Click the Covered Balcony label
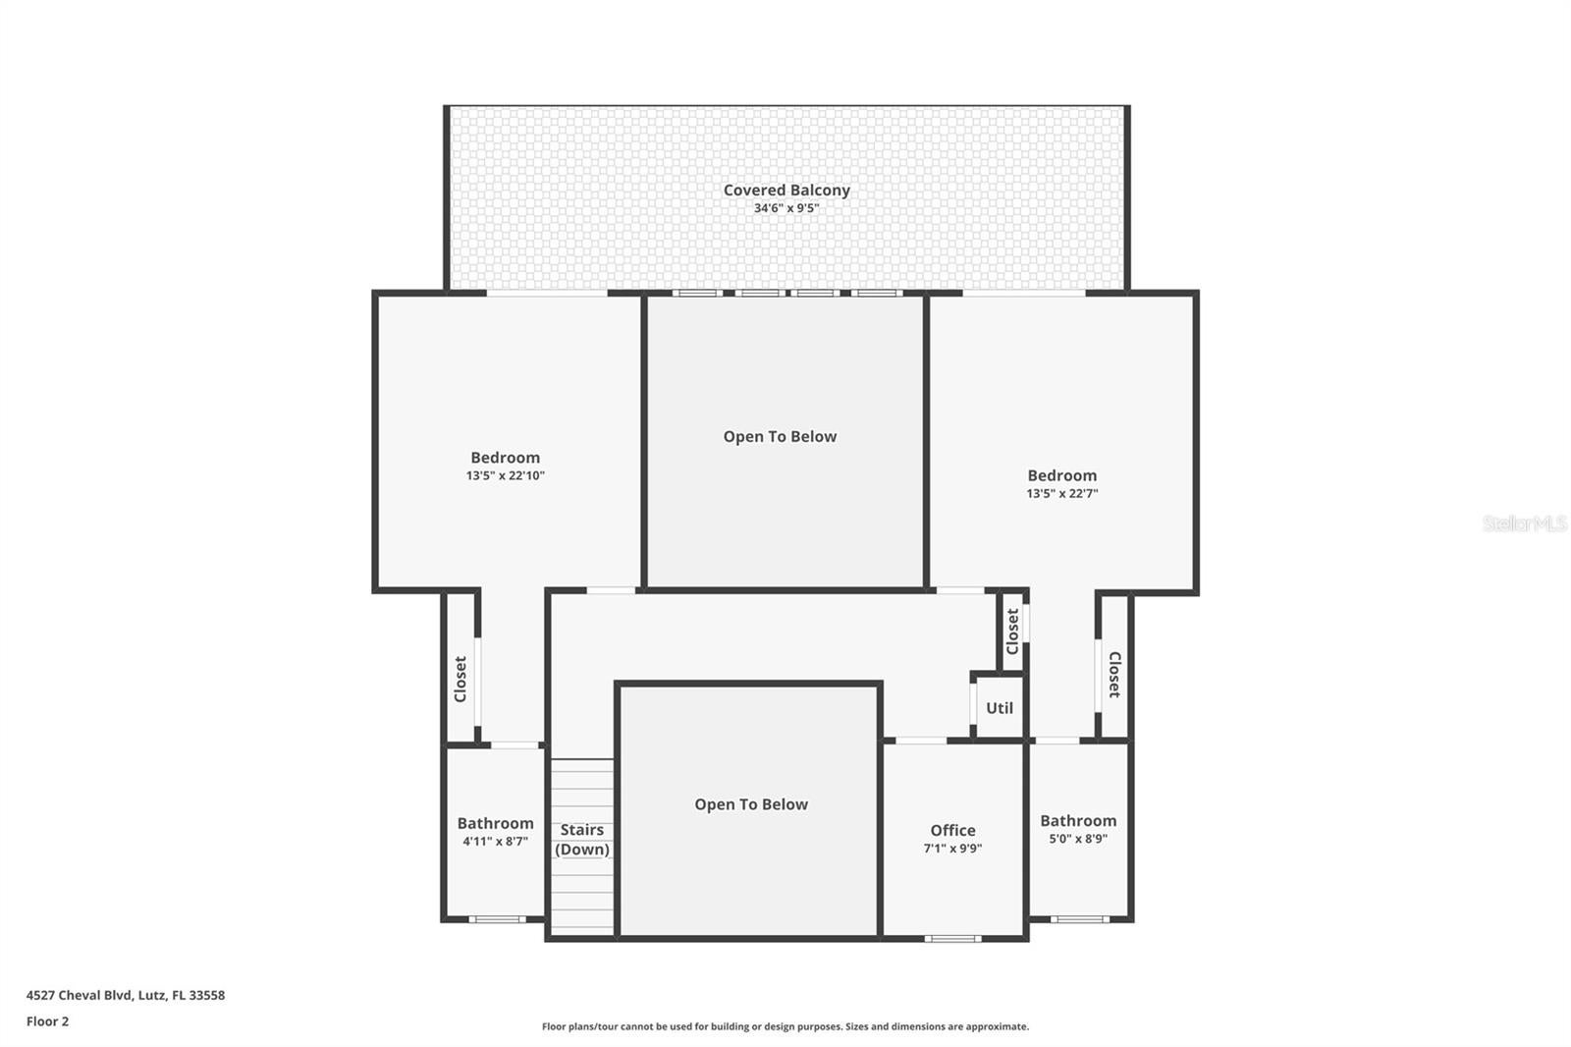pos(786,191)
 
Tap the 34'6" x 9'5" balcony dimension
pos(786,208)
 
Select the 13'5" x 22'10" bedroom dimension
pos(505,475)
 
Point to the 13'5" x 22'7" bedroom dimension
pos(1061,494)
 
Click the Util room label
pos(1000,708)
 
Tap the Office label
pos(952,830)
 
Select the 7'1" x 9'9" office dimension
pos(952,849)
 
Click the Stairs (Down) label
pos(582,840)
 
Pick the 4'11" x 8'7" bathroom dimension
pos(495,842)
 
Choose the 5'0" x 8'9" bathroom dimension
pos(1078,839)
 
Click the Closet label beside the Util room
pos(1012,632)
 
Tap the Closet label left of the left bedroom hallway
pos(460,679)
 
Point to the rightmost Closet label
pos(1114,675)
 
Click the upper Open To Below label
pos(780,437)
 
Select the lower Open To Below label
pos(751,804)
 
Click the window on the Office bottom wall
pos(952,939)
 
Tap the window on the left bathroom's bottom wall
pos(496,919)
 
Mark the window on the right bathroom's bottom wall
pos(1080,919)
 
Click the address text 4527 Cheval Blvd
pos(126,995)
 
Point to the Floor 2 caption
pos(47,1021)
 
